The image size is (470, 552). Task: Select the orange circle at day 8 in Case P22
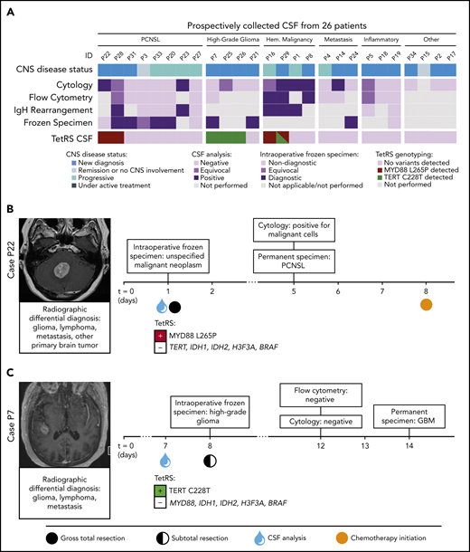coord(427,305)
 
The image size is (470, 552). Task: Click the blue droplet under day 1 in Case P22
coord(159,306)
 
